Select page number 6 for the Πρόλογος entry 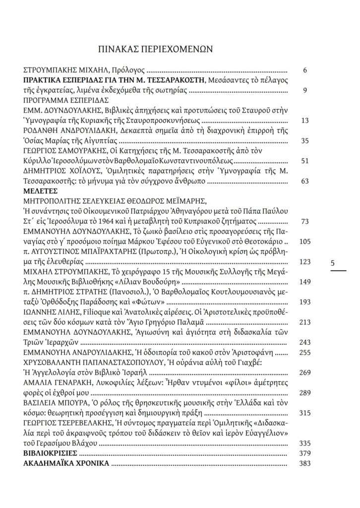pyautogui.click(x=305, y=70)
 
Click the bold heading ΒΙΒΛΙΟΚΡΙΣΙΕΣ pyautogui.click(x=50, y=453)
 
